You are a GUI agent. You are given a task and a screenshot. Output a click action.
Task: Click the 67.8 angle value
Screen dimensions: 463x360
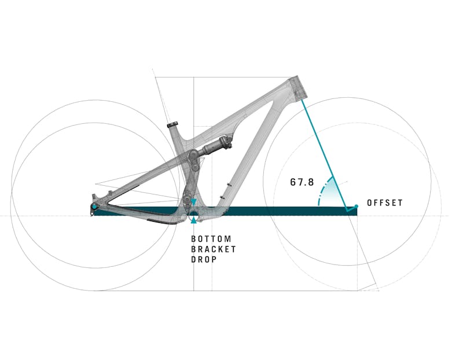click(x=302, y=182)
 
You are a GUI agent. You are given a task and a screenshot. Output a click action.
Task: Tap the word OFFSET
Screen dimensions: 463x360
click(x=385, y=203)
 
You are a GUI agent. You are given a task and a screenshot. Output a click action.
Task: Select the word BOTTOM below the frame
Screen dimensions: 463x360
click(x=211, y=238)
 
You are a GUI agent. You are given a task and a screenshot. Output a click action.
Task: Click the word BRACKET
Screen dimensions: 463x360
click(x=214, y=249)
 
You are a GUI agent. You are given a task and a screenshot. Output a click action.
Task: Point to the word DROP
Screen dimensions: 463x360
click(x=204, y=260)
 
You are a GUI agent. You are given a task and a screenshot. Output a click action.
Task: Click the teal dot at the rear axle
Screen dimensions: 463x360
click(x=94, y=207)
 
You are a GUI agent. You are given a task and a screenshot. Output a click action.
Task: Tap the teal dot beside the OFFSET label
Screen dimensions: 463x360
click(x=357, y=206)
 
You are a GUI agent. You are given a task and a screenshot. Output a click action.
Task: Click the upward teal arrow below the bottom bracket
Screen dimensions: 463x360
click(x=193, y=220)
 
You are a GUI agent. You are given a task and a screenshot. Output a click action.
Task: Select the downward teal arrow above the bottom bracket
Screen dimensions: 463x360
click(x=193, y=202)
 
